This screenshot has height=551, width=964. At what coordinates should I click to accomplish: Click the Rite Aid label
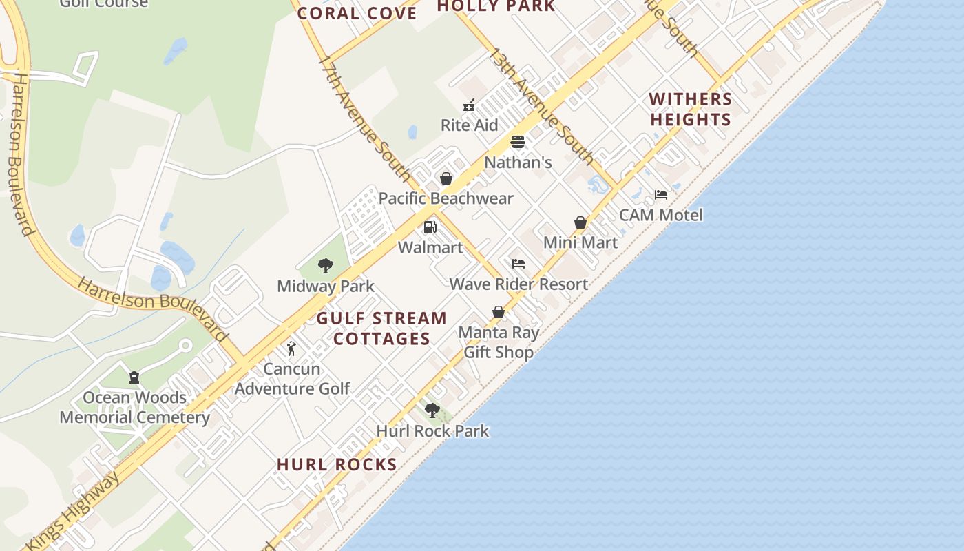click(469, 125)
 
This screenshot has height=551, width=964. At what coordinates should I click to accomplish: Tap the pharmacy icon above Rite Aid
click(469, 106)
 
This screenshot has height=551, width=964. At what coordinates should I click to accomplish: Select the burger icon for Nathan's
click(518, 142)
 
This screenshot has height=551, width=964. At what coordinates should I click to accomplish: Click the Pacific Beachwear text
click(446, 199)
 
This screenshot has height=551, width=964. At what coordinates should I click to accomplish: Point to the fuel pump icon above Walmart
click(430, 227)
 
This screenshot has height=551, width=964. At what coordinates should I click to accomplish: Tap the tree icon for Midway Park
click(325, 266)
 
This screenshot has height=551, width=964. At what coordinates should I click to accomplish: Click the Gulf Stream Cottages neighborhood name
click(381, 329)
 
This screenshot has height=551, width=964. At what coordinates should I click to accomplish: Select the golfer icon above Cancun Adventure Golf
click(291, 349)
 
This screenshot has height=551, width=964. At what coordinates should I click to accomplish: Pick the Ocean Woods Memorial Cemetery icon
click(134, 377)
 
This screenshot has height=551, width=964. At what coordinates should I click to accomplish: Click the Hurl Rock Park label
click(432, 431)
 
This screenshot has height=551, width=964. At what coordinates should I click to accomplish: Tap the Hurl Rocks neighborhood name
click(337, 465)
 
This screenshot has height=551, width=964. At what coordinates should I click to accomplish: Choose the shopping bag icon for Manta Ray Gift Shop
click(499, 313)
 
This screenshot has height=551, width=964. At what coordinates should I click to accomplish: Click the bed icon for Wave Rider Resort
click(518, 264)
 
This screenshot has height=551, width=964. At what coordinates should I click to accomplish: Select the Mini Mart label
click(580, 242)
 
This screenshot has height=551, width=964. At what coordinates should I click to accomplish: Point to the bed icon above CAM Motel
click(661, 195)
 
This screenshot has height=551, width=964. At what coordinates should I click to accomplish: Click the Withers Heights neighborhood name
click(690, 110)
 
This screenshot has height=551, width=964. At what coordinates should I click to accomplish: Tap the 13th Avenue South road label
click(541, 107)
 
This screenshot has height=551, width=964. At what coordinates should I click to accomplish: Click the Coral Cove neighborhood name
click(357, 13)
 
